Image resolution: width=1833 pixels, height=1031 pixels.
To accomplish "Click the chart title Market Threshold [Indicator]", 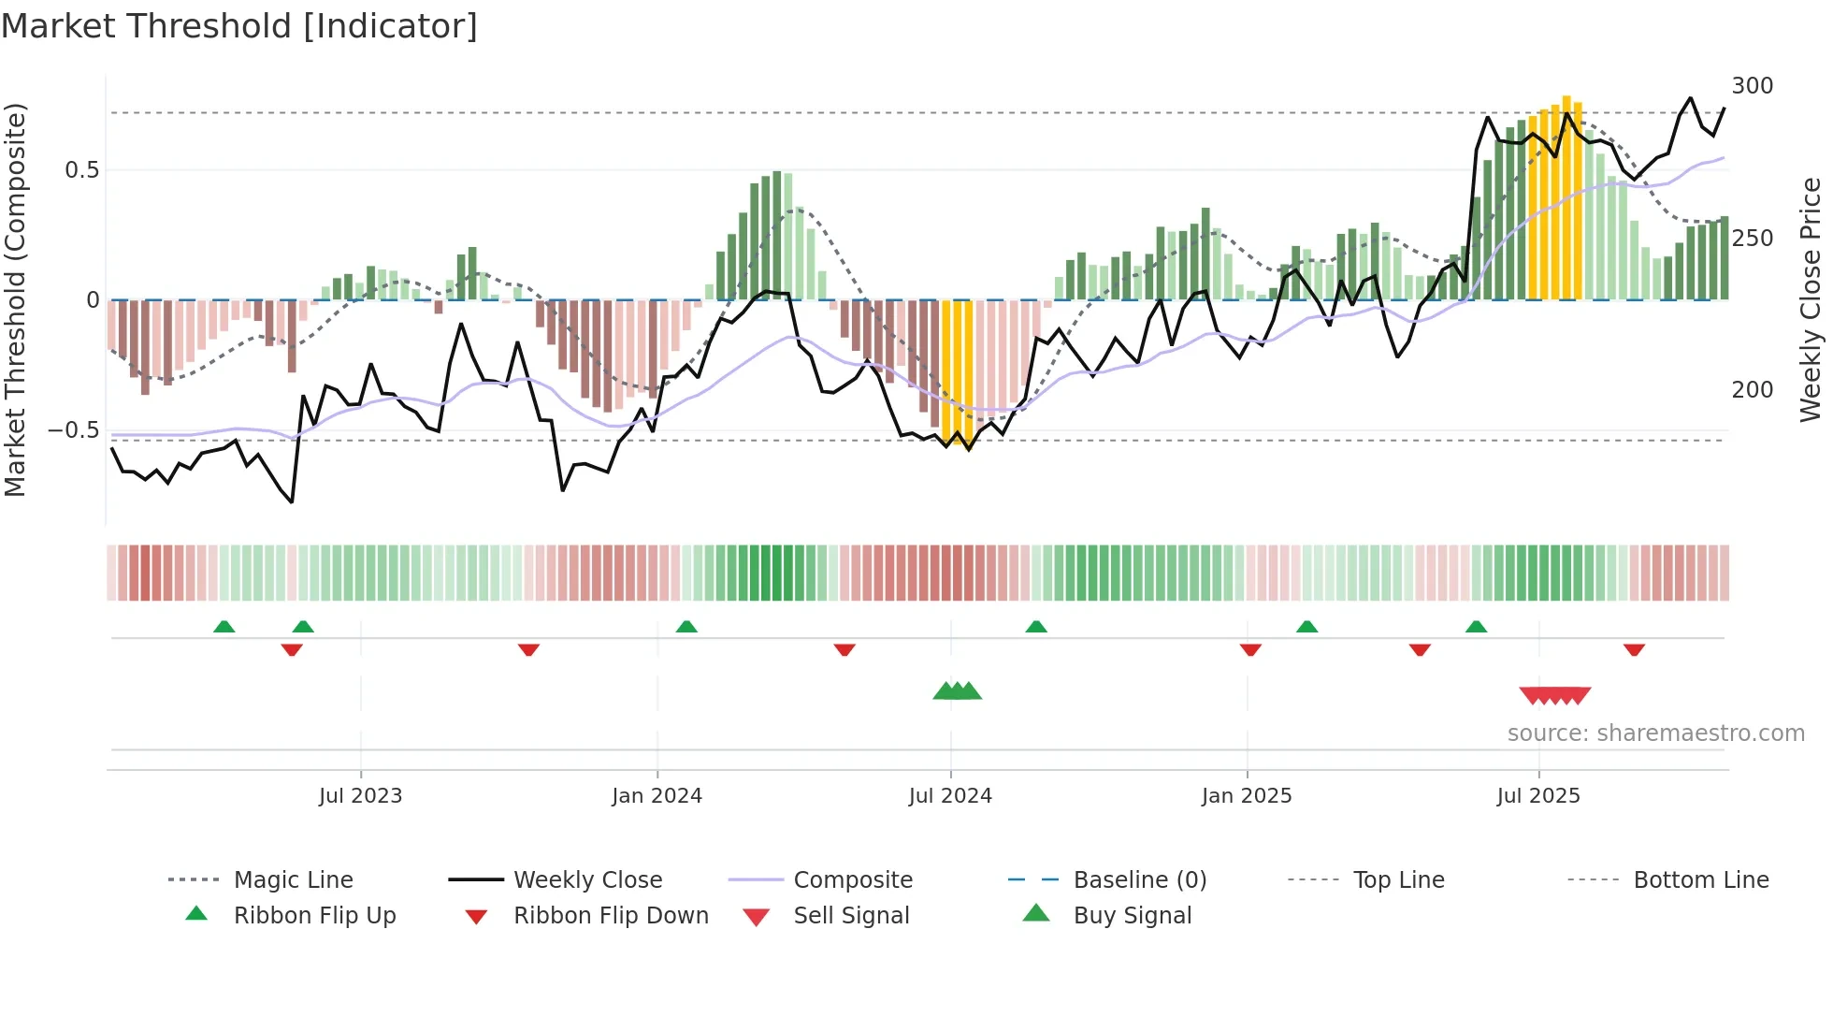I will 239,26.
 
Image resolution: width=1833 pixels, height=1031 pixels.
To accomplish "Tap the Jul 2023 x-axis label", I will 360,796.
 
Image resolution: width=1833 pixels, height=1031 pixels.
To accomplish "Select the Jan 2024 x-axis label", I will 657,796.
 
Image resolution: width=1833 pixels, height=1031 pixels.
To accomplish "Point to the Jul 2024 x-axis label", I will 950,796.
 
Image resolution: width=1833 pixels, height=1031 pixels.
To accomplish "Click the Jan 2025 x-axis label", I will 1247,796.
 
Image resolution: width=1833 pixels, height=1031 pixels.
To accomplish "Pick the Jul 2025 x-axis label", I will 1538,796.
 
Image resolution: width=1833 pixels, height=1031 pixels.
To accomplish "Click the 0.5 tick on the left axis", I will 82,170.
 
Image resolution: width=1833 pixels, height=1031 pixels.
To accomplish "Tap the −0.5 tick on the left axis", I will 74,430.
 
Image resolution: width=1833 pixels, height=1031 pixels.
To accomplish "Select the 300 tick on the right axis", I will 1752,86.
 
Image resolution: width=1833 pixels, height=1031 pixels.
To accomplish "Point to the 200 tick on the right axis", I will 1752,390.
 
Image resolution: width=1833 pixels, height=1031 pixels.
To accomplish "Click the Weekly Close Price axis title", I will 1811,299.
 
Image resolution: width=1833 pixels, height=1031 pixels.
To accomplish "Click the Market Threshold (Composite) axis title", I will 15,299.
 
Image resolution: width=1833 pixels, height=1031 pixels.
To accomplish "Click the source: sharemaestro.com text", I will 1655,733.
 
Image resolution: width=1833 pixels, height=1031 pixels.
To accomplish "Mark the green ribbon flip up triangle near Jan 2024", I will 686,627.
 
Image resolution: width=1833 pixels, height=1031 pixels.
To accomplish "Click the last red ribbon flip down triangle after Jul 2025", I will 1634,649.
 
